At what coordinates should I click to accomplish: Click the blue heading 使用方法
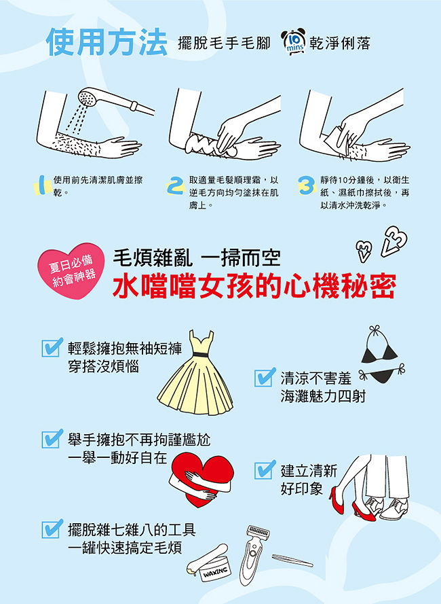point(107,42)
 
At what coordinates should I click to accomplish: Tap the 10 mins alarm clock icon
point(293,41)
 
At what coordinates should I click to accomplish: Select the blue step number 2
point(176,185)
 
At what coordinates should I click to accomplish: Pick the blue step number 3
point(307,185)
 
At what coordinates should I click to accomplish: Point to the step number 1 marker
point(43,185)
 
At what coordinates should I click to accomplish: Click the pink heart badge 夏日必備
point(71,270)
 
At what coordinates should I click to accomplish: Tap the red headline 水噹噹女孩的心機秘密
point(254,286)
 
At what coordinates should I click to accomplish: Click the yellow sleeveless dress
point(195,372)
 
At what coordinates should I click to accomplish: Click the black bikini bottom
point(382,373)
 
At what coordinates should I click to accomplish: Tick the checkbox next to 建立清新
point(265,469)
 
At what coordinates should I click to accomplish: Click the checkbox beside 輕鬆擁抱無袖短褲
point(52,347)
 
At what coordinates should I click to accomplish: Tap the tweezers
point(292,561)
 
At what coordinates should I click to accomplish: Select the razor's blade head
point(258,533)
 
